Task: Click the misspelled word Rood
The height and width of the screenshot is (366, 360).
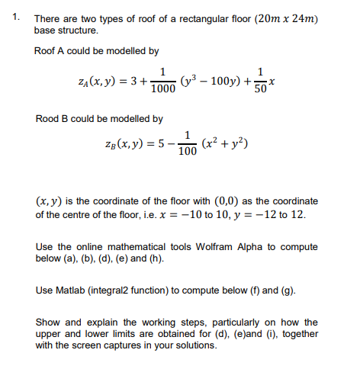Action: [x=48, y=119]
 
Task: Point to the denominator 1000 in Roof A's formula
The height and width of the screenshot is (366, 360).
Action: [x=162, y=88]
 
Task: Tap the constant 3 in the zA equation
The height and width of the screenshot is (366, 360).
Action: [x=134, y=80]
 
